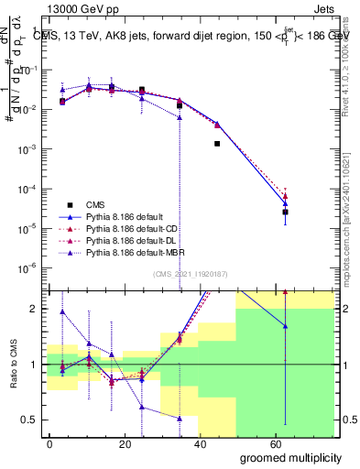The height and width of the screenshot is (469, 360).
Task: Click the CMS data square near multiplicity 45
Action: click(x=217, y=144)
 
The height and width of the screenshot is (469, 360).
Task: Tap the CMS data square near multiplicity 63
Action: click(x=286, y=212)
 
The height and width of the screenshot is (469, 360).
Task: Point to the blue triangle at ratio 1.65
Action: click(x=286, y=326)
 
